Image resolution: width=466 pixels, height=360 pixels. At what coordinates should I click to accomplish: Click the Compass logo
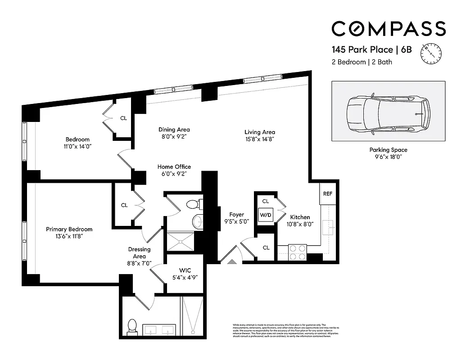[389, 28]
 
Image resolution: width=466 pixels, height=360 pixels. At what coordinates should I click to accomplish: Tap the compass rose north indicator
[431, 53]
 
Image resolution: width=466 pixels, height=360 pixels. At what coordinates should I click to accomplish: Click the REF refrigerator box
[327, 193]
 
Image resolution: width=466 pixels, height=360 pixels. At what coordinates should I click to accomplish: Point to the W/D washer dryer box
[266, 215]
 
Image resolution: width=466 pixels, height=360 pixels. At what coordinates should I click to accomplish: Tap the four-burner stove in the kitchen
[297, 252]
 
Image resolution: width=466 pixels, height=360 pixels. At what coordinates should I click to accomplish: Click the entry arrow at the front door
[232, 261]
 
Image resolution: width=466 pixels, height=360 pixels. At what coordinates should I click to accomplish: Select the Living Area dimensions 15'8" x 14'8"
[260, 139]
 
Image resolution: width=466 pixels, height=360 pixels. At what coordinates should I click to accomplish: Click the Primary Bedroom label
[69, 229]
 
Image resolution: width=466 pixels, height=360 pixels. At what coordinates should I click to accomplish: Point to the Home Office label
[174, 167]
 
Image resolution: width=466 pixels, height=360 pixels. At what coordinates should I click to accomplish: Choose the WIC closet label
[185, 270]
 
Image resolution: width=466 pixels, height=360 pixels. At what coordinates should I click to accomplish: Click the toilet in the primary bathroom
[132, 325]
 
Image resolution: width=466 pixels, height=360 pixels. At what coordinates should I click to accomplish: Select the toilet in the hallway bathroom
[193, 204]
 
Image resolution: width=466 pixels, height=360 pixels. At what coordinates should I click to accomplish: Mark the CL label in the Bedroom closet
[123, 118]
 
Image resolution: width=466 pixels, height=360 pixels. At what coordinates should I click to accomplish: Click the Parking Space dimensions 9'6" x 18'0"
[388, 157]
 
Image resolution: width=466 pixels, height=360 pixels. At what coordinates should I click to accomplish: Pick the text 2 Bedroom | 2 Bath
[362, 62]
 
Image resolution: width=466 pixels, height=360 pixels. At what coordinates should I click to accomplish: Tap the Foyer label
[236, 215]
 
